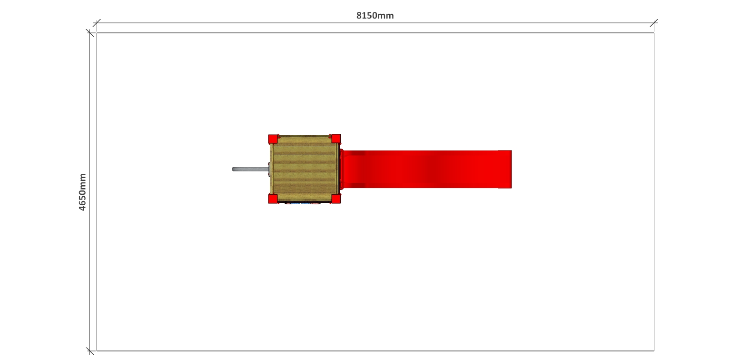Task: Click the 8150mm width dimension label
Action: pos(375,16)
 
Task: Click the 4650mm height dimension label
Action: pos(82,192)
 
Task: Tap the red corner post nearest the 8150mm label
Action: pos(336,139)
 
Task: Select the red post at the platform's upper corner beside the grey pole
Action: pos(273,139)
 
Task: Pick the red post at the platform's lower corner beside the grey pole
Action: pos(273,199)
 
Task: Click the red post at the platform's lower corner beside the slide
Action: pos(336,199)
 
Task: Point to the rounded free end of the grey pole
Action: pos(233,169)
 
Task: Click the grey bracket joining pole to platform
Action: pos(269,169)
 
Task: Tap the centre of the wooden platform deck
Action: pos(305,169)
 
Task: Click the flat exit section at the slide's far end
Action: pos(505,169)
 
